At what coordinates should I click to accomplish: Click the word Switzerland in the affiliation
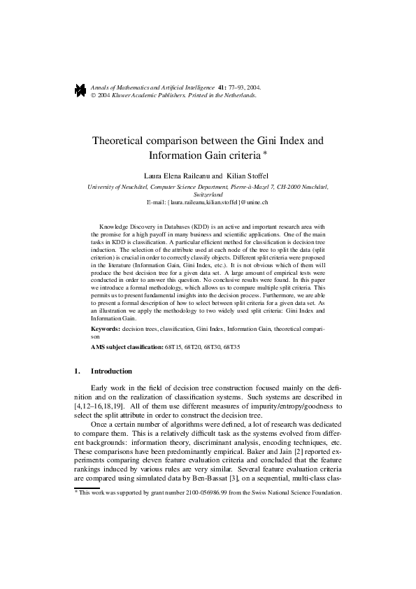point(208,194)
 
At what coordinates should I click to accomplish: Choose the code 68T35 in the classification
point(248,347)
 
